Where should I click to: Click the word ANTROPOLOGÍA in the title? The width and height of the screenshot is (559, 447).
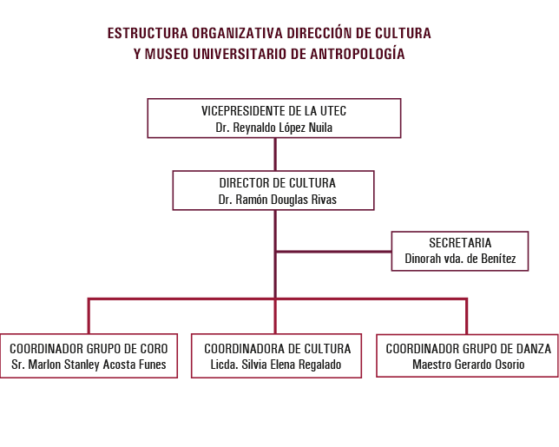coord(358,54)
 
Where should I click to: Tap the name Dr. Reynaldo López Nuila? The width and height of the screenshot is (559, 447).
coord(273,128)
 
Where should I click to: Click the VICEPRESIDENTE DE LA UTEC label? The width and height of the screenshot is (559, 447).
coord(273,111)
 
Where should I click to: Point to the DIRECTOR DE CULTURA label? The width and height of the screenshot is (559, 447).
coord(278,183)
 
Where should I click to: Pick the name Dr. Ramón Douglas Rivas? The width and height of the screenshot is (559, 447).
coord(278,200)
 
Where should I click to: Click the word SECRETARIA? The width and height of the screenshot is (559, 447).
coord(460,243)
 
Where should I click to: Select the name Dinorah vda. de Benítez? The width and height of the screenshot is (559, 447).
coord(460,259)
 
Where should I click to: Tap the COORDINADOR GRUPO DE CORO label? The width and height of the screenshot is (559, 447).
coord(89,349)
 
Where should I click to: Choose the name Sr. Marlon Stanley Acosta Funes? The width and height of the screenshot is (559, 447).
coord(89,365)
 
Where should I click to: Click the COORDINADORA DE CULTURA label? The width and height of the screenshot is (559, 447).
coord(278,349)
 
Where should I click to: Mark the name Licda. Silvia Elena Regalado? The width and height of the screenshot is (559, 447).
coord(276,365)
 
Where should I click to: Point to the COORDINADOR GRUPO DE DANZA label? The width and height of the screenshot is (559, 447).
coord(469,349)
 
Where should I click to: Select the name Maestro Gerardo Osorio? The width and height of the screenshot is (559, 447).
coord(469,365)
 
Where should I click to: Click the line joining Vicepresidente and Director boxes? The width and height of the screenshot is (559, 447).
coord(275,154)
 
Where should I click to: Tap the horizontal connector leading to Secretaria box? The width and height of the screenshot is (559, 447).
coord(333,252)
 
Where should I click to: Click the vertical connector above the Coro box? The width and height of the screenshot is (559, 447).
coord(89,316)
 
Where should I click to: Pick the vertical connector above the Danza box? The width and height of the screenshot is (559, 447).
coord(466,316)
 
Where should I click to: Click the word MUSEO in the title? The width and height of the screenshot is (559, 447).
coord(167,54)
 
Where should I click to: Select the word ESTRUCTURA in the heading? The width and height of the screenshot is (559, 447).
coord(148,33)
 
